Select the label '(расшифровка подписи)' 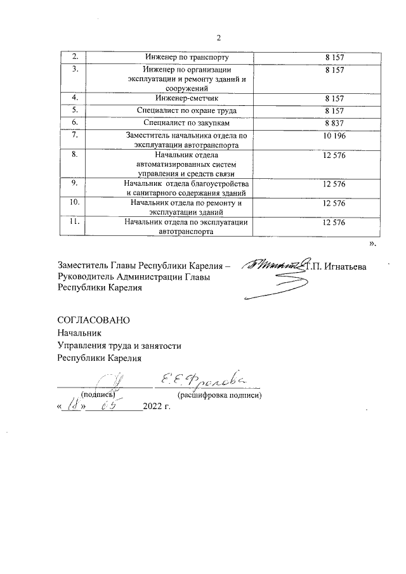220,395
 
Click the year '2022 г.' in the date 158,406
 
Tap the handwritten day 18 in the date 71,406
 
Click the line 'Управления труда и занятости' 119,346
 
